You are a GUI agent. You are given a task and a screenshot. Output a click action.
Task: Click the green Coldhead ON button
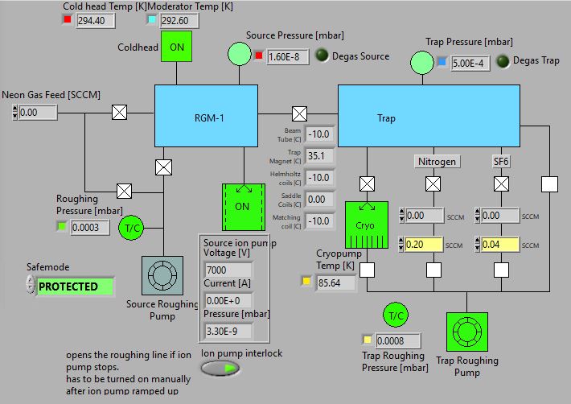[177, 47]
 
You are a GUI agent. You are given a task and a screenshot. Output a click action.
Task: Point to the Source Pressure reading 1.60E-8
[288, 56]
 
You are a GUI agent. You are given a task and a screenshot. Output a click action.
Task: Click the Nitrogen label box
[437, 162]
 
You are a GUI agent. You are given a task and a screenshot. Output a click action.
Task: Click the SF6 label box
[502, 162]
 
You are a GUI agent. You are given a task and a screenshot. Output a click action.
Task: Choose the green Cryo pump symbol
[365, 226]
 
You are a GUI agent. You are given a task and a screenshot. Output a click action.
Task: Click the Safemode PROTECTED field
[74, 287]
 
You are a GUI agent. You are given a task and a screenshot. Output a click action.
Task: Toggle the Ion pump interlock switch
[221, 369]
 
